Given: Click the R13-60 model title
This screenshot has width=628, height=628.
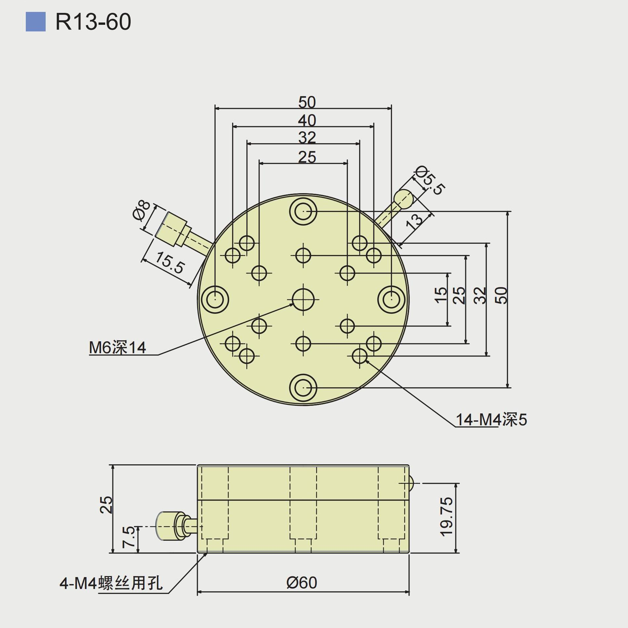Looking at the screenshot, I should point(93,22).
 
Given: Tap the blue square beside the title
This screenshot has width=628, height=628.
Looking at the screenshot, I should point(35,22).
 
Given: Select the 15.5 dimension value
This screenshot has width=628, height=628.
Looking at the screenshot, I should point(169,263).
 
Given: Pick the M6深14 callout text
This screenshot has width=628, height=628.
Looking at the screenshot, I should point(117,348).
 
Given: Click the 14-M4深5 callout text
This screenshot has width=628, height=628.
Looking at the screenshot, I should point(491,420).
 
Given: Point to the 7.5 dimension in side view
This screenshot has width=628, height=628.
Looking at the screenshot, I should point(129,537).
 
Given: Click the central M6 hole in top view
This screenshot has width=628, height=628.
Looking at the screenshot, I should point(303,300).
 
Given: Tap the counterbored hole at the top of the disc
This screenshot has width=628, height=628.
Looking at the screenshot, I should point(303,211).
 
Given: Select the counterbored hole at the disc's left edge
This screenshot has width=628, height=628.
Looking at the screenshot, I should point(215,300).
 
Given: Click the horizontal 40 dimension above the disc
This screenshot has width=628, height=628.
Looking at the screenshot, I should point(307,120).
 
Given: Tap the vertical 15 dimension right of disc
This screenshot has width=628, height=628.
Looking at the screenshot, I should point(441,295).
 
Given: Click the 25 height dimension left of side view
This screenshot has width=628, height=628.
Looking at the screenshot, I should point(106,505).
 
